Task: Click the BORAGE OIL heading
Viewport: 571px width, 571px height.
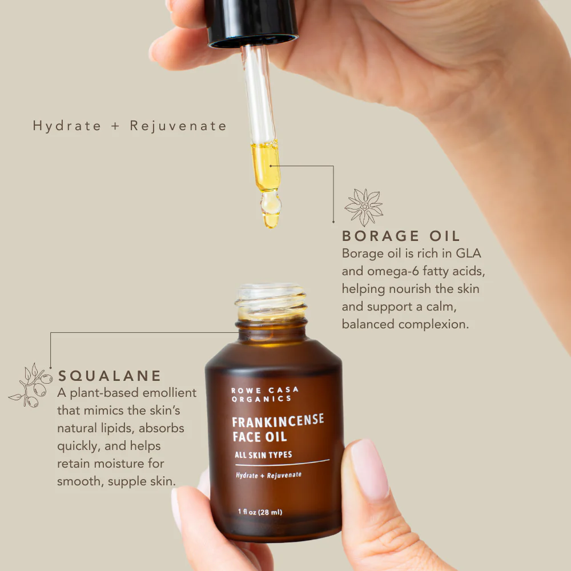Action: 401,236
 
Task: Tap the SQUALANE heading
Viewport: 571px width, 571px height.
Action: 109,376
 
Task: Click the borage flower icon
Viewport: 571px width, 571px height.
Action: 364,207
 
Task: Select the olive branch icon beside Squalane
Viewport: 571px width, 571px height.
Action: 31,385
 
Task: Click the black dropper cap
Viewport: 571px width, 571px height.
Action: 252,23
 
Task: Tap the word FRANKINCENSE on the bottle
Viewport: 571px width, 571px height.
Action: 278,421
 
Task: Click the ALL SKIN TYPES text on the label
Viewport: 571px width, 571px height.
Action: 263,455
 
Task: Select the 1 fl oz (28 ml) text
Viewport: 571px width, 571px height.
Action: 260,512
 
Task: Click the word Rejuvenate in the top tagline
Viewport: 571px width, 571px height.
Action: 178,126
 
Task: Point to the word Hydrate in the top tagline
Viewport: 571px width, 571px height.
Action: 67,126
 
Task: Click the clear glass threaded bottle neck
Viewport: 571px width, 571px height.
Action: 271,301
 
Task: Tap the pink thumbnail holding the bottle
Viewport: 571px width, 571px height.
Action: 369,469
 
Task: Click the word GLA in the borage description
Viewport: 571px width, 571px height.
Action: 468,253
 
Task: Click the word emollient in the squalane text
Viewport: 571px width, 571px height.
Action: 170,393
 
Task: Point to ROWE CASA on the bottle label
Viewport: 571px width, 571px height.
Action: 265,390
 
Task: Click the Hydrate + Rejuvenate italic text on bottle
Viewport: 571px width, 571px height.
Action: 269,475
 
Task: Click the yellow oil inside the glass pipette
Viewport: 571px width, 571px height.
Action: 266,166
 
